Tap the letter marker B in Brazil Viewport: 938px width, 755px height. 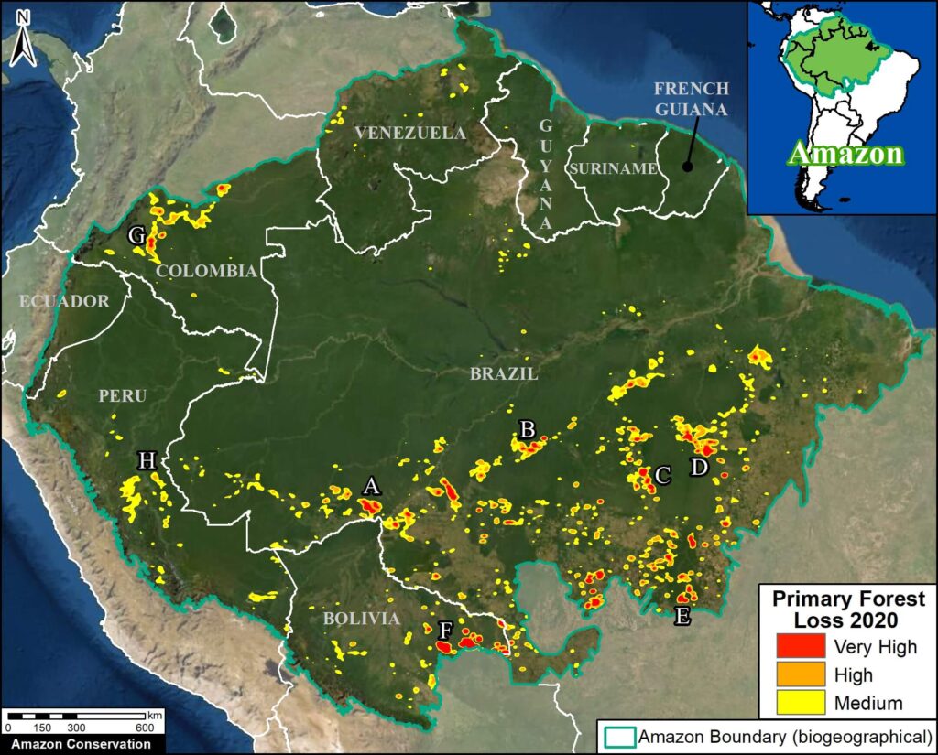[527, 428]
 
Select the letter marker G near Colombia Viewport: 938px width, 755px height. [136, 236]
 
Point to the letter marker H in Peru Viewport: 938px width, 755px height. [147, 460]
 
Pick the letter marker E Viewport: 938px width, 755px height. [682, 616]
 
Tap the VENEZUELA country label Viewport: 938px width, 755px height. [410, 134]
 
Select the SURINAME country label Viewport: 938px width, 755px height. [612, 168]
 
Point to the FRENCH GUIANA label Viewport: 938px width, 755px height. [692, 98]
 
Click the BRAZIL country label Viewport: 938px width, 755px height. [504, 374]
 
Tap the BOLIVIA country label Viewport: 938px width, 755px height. [361, 619]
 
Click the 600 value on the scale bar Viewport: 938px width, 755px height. [145, 727]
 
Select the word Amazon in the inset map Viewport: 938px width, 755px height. [845, 153]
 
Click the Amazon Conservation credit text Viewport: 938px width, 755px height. [76, 743]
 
